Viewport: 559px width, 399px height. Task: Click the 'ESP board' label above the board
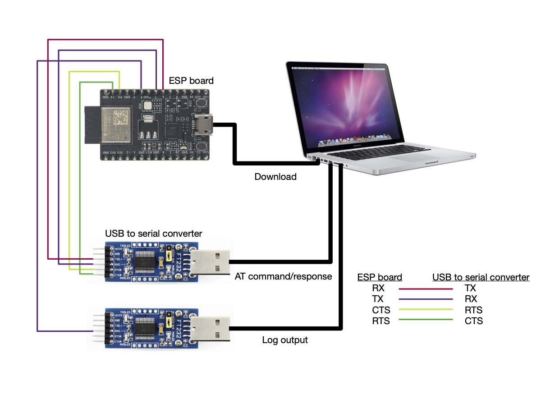pyautogui.click(x=191, y=81)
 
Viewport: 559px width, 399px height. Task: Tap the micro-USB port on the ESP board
pyautogui.click(x=203, y=124)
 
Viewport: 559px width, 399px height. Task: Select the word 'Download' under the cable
pyautogui.click(x=275, y=177)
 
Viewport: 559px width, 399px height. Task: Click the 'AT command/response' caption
pyautogui.click(x=284, y=276)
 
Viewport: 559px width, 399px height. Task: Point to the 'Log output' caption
pyautogui.click(x=285, y=340)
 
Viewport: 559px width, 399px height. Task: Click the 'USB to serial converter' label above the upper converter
pyautogui.click(x=154, y=234)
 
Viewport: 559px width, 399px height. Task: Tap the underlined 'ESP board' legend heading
pyautogui.click(x=380, y=277)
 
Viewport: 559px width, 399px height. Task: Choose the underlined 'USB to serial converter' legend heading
pyautogui.click(x=481, y=277)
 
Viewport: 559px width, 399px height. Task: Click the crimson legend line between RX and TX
pyautogui.click(x=426, y=289)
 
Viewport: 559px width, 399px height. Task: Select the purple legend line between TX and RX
pyautogui.click(x=426, y=299)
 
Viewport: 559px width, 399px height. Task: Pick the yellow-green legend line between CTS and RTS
pyautogui.click(x=426, y=310)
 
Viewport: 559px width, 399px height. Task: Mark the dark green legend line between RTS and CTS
pyautogui.click(x=426, y=321)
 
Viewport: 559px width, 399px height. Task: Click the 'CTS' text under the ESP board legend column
pyautogui.click(x=381, y=310)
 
